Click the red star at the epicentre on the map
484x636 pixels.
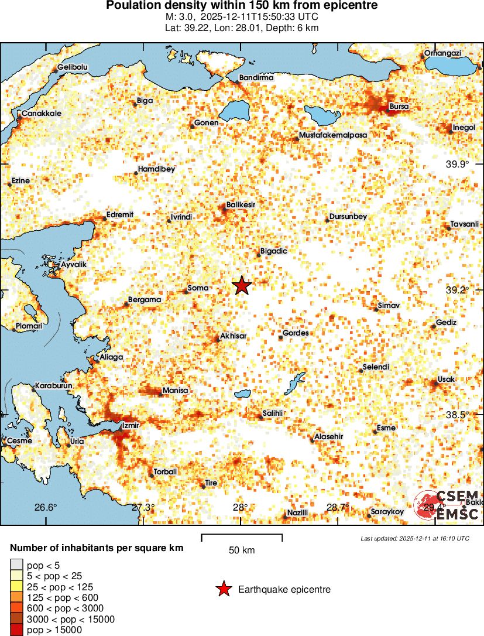coord(242,286)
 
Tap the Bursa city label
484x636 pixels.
coord(399,107)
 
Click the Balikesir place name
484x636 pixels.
coord(241,205)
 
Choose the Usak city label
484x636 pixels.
coord(446,379)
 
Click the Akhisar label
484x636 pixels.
coord(232,337)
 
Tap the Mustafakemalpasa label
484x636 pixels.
coord(332,135)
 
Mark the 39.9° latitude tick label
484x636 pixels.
coord(457,164)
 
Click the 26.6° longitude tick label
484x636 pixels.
coord(46,507)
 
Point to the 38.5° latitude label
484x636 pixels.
coord(457,415)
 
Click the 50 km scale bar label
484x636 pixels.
coord(241,550)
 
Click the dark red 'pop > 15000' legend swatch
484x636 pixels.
coord(16,630)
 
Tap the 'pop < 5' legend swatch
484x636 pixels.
coord(16,565)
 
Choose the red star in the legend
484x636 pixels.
coord(223,590)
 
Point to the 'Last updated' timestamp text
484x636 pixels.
coord(414,538)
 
